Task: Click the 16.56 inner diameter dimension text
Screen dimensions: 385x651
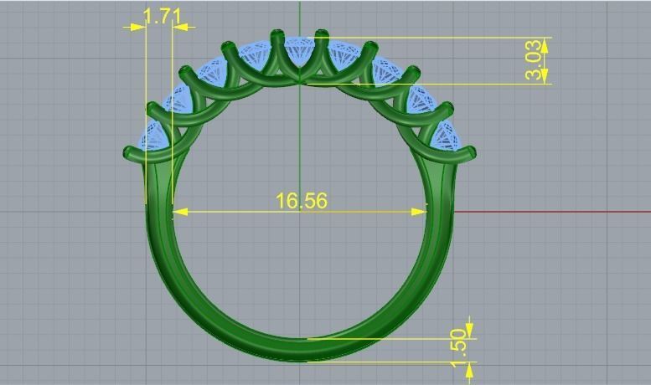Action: point(301,201)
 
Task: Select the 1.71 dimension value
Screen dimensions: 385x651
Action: point(162,16)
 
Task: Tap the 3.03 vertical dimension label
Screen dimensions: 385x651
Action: point(534,60)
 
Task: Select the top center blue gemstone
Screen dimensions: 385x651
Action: point(299,52)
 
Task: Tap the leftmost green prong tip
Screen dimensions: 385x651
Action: point(129,153)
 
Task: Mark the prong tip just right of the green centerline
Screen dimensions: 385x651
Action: point(320,34)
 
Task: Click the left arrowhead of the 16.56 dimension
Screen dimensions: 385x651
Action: point(178,212)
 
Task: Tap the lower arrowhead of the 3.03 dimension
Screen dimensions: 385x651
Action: point(544,77)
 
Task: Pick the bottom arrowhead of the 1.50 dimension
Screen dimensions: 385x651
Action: point(469,367)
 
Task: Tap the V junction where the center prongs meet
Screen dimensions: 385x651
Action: point(300,81)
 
